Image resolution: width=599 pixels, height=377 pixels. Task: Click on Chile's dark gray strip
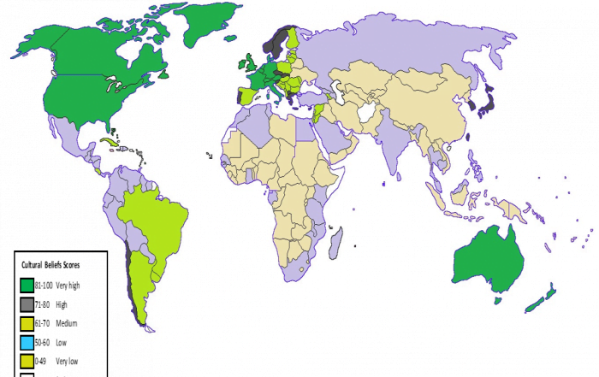130,274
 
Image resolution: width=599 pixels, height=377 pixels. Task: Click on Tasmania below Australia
496,300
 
